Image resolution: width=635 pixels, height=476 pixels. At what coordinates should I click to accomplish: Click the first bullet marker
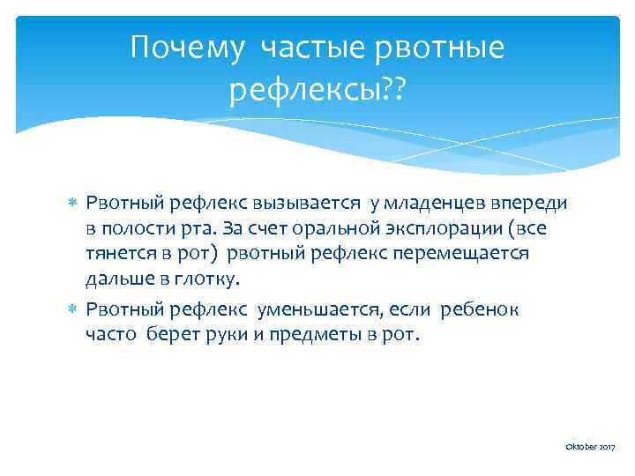74,205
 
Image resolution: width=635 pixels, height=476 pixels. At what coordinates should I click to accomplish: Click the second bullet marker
74,310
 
